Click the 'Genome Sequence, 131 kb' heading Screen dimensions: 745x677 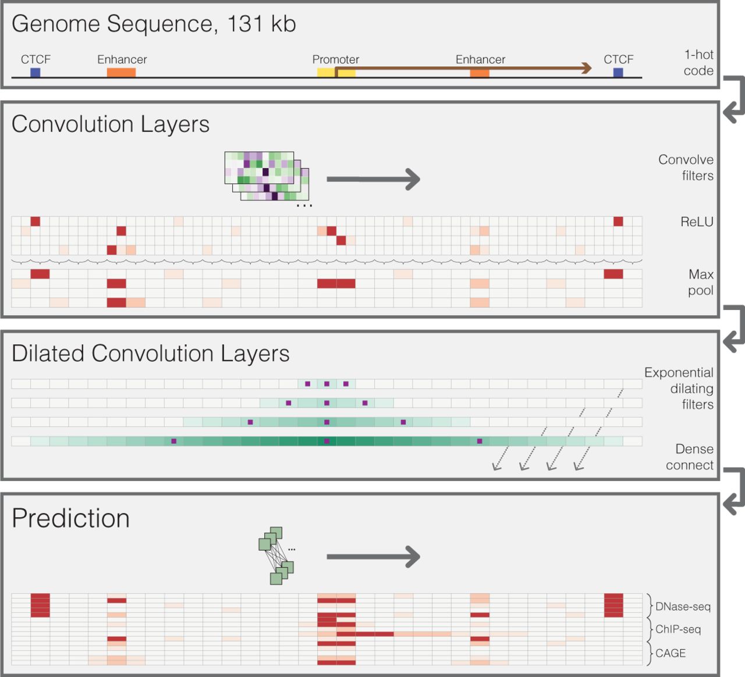point(154,24)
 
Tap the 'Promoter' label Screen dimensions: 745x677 point(336,59)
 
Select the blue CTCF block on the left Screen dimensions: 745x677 point(36,72)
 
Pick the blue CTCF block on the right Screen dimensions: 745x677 point(618,72)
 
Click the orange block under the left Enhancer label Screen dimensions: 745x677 point(122,72)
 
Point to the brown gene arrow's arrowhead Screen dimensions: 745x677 point(587,68)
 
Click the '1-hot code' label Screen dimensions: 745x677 point(698,62)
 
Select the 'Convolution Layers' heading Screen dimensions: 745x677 point(111,124)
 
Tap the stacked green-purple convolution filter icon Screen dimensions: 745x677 point(267,176)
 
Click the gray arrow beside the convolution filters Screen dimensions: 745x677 point(373,179)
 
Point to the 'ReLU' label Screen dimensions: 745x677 point(697,222)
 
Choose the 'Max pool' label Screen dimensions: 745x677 point(701,282)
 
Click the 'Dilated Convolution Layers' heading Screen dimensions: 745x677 point(151,353)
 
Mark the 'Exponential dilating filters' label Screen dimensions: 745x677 point(679,389)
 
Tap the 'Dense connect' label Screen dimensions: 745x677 point(690,457)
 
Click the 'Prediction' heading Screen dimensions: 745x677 point(71,518)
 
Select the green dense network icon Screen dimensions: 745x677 point(276,555)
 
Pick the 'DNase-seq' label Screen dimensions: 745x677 point(683,607)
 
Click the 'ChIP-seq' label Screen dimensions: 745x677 point(678,629)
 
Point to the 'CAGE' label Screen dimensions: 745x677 point(670,653)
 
